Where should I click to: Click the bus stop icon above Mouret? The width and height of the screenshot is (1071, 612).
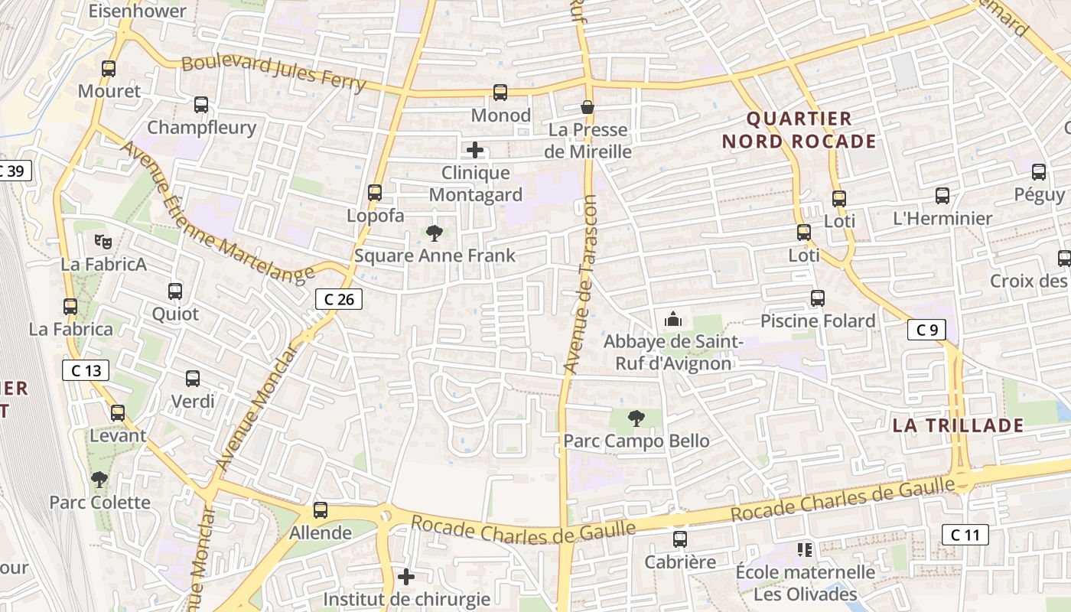(109, 69)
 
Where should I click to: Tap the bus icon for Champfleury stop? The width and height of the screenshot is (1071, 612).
(201, 105)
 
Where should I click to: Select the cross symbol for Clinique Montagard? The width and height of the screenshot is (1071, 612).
(475, 150)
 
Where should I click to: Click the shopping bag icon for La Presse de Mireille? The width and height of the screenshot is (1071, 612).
(588, 107)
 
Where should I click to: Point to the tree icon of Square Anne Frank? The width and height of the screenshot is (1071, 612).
(435, 233)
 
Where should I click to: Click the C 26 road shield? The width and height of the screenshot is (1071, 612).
(339, 299)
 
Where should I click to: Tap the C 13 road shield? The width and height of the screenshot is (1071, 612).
(86, 371)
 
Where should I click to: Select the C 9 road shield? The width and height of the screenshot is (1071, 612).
(926, 330)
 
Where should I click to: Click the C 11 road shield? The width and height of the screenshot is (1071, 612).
(965, 535)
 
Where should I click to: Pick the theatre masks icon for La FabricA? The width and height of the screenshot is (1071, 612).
(103, 242)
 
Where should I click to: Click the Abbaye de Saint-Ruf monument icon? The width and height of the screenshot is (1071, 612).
(673, 318)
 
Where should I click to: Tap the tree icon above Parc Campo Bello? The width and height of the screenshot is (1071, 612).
(636, 418)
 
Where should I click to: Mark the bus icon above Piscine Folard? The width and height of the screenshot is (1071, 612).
(818, 298)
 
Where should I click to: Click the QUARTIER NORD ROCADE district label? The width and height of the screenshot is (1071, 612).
(799, 130)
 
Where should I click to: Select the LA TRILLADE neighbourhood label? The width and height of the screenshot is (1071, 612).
(958, 425)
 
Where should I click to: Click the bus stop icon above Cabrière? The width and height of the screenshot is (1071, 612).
(679, 539)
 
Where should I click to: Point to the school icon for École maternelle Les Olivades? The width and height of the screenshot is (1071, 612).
(805, 550)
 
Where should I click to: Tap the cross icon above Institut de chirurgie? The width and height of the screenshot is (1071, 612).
(406, 576)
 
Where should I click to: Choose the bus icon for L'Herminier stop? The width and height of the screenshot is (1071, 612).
(942, 196)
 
